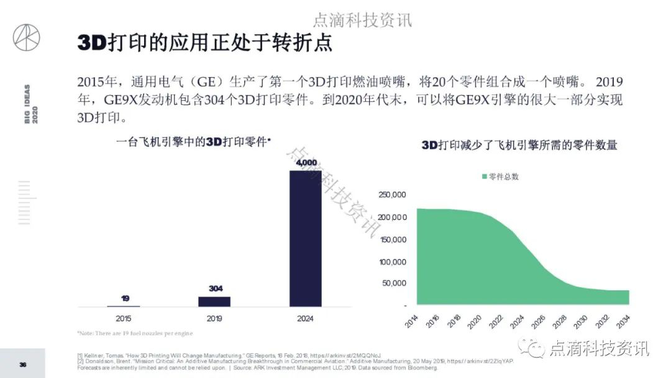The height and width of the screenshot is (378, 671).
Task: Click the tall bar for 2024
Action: click(306, 237)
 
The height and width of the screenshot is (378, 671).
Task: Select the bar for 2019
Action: click(214, 301)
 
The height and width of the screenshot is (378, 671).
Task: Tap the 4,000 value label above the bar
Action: click(306, 163)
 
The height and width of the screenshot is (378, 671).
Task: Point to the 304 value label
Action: click(214, 288)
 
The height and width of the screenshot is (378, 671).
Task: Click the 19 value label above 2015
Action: click(125, 298)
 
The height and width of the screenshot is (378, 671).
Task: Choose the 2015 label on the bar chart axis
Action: click(123, 318)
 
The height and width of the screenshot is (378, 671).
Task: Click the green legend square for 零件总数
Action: click(485, 177)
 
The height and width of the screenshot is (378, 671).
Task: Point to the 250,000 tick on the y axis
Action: click(392, 195)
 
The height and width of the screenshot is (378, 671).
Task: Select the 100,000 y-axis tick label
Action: click(392, 262)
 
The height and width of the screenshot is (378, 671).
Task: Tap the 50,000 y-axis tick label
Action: click(394, 283)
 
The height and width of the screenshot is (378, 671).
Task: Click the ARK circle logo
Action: click(26, 37)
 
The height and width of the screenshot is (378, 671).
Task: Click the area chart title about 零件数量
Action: click(519, 145)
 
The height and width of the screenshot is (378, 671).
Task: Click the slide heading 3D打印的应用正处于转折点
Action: click(205, 43)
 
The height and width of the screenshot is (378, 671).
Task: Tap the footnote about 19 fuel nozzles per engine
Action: click(135, 333)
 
